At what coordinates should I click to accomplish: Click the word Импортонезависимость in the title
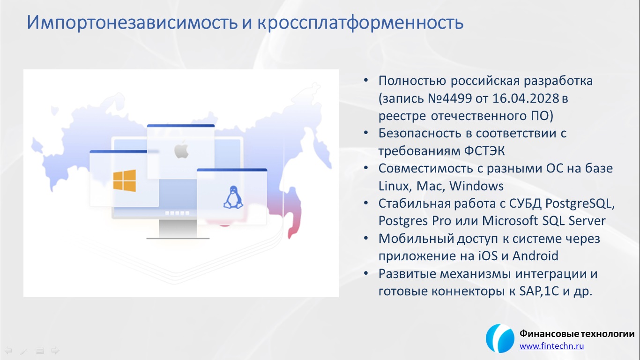pyautogui.click(x=132, y=23)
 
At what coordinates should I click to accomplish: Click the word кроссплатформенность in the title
pyautogui.click(x=360, y=23)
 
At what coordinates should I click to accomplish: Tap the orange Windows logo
pyautogui.click(x=124, y=181)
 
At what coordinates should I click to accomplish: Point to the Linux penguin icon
pyautogui.click(x=233, y=197)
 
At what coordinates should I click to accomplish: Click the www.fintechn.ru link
pyautogui.click(x=551, y=346)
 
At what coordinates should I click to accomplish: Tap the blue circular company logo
pyautogui.click(x=500, y=338)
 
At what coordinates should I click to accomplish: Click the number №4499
pyautogui.click(x=450, y=98)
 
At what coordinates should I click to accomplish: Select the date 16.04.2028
pyautogui.click(x=526, y=98)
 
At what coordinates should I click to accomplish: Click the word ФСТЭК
pyautogui.click(x=484, y=151)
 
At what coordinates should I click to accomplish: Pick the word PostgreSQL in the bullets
pyautogui.click(x=580, y=204)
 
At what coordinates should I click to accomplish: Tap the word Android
pyautogui.click(x=535, y=256)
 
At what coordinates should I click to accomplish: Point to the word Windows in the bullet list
pyautogui.click(x=476, y=186)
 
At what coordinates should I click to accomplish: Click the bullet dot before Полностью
pyautogui.click(x=366, y=81)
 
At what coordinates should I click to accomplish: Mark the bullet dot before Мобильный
pyautogui.click(x=366, y=239)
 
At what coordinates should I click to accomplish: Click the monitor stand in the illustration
pyautogui.click(x=178, y=229)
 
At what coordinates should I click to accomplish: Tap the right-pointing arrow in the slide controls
pyautogui.click(x=55, y=350)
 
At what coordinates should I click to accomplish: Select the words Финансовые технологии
pyautogui.click(x=577, y=334)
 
